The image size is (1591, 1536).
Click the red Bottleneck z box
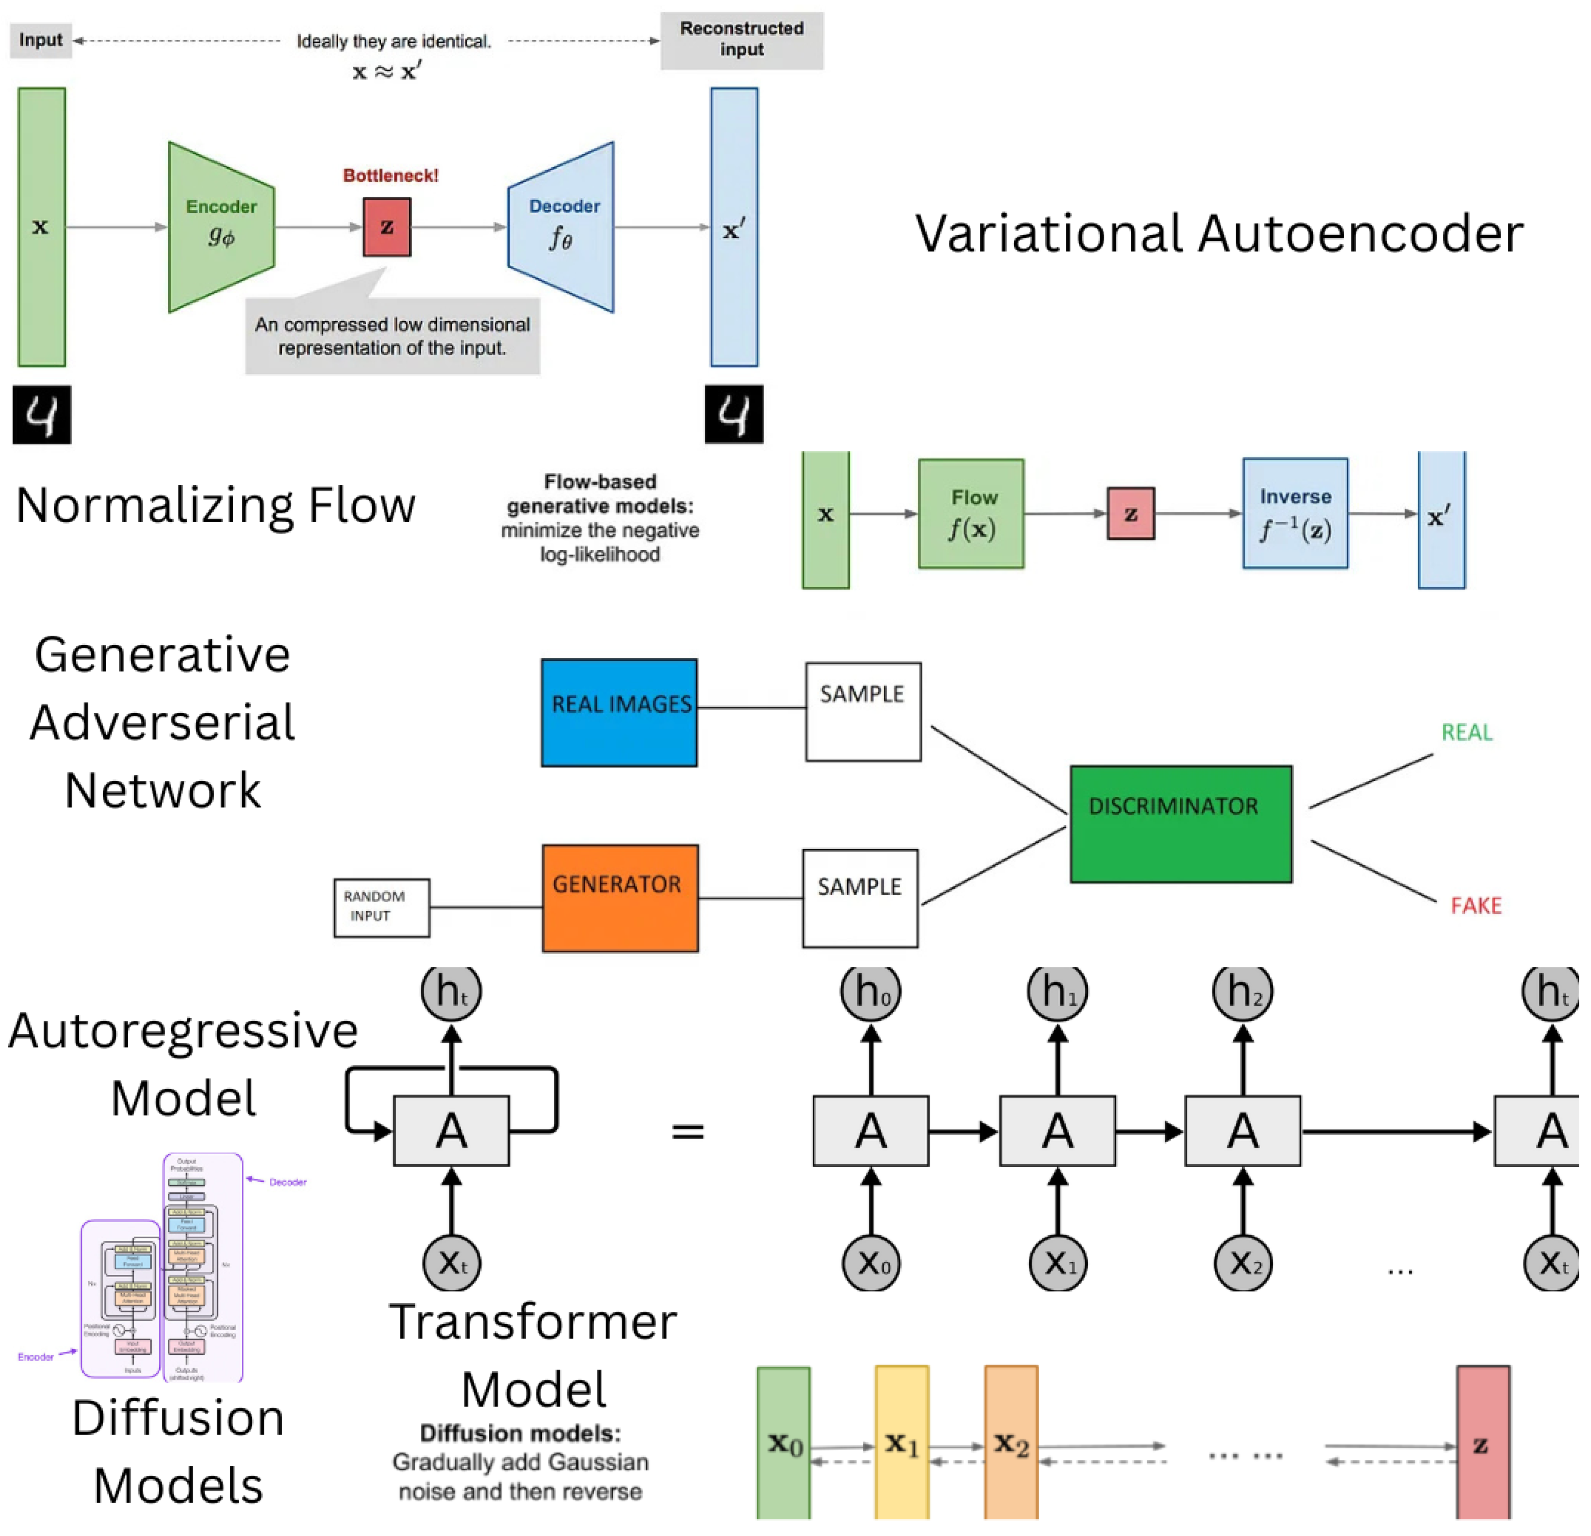387,227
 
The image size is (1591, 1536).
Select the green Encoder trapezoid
221,227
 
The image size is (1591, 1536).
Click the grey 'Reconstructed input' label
741,40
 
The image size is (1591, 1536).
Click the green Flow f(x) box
971,513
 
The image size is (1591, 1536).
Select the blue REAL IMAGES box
619,712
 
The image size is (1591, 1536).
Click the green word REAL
1466,733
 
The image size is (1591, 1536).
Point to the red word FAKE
1476,906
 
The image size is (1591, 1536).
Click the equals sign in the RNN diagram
687,1131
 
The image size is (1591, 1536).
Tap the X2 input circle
1243,1263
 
